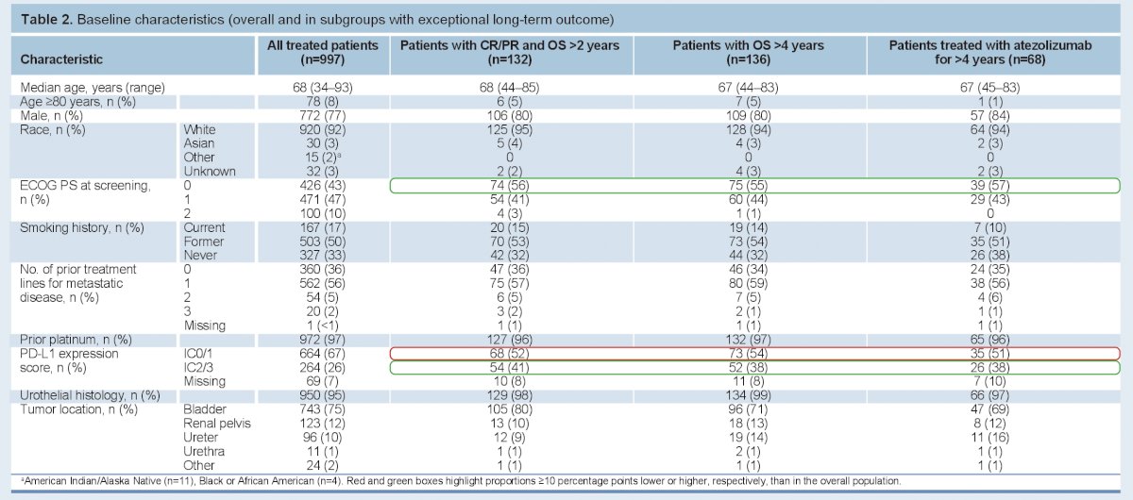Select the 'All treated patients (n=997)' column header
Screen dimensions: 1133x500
[323, 53]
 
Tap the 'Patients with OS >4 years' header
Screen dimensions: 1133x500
[748, 45]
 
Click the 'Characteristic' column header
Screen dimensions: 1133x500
[61, 59]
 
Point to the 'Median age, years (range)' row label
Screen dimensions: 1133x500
[93, 88]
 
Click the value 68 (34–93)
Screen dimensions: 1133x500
[323, 88]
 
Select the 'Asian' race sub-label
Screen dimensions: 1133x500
[199, 143]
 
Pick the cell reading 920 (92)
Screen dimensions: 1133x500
[323, 130]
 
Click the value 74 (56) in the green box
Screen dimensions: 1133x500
[509, 186]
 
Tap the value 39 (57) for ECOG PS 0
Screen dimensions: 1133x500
[989, 186]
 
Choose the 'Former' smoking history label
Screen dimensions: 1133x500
[203, 242]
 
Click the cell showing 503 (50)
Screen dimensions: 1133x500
[323, 242]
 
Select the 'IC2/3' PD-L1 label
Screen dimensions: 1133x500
[198, 368]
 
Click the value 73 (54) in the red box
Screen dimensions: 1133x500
[748, 354]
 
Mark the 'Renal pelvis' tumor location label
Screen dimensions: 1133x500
[217, 424]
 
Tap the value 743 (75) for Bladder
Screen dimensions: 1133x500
[323, 409]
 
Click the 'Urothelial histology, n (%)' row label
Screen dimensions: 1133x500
[90, 395]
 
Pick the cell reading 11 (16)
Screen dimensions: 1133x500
[989, 438]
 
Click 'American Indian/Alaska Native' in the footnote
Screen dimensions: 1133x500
[93, 481]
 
